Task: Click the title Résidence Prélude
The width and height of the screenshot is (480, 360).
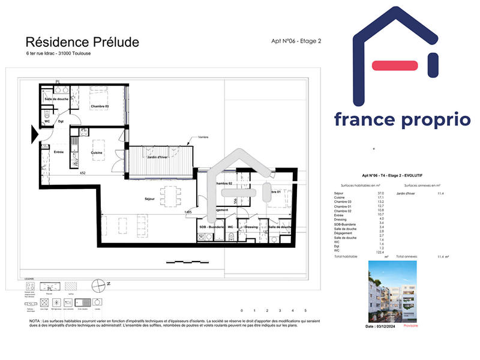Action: (82, 42)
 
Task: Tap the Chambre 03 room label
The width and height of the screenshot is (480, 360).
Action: (100, 107)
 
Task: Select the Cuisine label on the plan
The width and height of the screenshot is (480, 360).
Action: (96, 153)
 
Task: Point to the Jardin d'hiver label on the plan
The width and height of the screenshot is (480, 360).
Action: (158, 157)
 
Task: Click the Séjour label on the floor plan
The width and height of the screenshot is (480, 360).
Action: (150, 199)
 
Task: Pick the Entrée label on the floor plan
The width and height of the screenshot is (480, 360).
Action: (59, 152)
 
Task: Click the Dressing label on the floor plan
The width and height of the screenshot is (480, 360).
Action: (251, 227)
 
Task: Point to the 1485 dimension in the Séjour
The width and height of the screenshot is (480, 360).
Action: (188, 212)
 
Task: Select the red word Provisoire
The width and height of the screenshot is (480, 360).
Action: (411, 326)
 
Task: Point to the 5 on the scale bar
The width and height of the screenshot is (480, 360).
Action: (305, 311)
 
